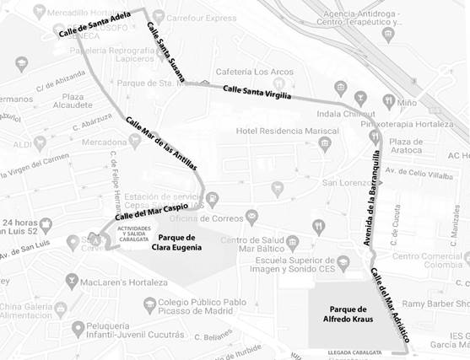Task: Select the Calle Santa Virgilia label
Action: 257,92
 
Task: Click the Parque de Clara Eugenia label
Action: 177,243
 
